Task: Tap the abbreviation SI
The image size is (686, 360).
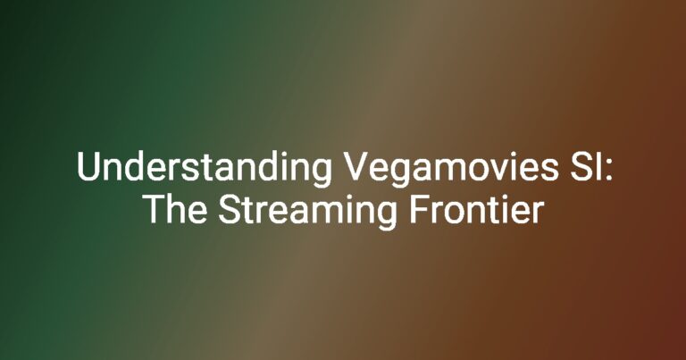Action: click(587, 167)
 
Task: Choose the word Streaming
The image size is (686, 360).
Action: click(307, 213)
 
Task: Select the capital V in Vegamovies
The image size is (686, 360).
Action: click(356, 167)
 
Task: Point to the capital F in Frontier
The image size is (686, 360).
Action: click(419, 209)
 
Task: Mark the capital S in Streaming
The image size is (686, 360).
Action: click(230, 209)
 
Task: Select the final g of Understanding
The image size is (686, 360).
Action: click(322, 174)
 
